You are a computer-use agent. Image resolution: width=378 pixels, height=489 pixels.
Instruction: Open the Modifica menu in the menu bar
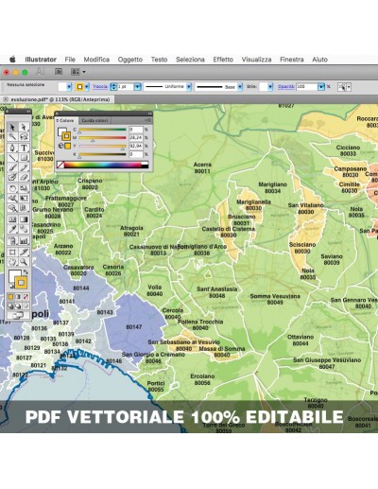click(96, 59)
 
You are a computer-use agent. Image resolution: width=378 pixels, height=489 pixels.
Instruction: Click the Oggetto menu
click(130, 59)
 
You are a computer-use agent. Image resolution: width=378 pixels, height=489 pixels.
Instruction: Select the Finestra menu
click(292, 59)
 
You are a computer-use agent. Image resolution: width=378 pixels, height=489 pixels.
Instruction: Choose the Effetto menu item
click(223, 59)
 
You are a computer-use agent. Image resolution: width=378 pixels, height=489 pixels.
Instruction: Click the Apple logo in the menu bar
click(13, 59)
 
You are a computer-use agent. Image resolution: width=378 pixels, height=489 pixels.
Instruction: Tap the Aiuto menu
click(320, 59)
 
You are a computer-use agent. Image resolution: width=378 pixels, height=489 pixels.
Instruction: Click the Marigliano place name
click(272, 184)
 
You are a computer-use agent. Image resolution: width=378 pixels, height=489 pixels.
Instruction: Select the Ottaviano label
click(301, 336)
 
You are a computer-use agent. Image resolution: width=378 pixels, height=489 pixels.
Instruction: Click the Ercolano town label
click(202, 375)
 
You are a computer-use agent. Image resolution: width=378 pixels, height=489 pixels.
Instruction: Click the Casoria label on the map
click(113, 267)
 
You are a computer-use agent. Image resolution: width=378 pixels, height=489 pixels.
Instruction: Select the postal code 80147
click(133, 326)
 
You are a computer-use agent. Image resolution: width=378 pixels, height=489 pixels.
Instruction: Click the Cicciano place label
click(348, 148)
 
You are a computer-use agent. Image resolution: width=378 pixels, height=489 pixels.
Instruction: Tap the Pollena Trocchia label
click(200, 322)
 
